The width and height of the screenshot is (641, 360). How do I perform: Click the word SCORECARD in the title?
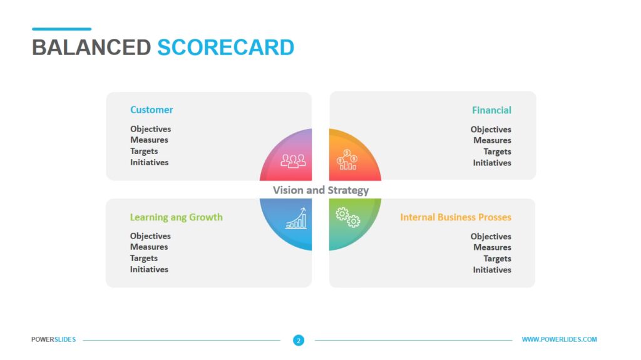point(225,48)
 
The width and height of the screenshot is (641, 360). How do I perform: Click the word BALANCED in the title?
point(91,48)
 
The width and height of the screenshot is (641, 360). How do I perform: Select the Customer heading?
point(151,110)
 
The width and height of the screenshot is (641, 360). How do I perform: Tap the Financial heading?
point(491,110)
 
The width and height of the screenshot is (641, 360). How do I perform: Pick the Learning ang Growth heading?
point(176,217)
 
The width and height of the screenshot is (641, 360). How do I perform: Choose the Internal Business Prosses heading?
point(456,217)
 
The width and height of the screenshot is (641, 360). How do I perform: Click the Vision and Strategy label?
point(321,190)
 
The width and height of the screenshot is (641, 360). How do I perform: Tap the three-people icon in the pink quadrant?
point(293,161)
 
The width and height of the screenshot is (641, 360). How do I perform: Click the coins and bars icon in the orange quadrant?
point(347,160)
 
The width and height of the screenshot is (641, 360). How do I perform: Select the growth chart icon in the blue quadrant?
point(296,219)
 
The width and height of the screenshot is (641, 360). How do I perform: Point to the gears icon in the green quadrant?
point(348,217)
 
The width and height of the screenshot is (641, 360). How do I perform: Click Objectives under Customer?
point(150,129)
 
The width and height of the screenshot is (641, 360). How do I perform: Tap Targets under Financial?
point(497,152)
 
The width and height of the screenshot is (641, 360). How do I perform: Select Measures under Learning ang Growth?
point(149,247)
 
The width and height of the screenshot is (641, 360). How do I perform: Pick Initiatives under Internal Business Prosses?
point(492,270)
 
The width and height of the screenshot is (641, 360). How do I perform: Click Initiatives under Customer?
point(149,162)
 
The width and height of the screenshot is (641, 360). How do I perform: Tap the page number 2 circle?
point(299,341)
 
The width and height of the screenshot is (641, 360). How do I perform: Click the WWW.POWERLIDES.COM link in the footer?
point(559,339)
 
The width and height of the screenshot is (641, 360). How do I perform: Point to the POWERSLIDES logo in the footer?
point(54,339)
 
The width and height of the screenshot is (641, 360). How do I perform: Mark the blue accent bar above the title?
point(62,29)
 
